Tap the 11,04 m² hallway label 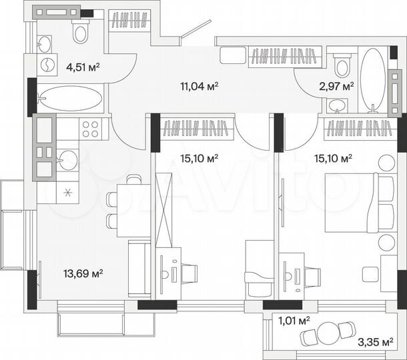(x=200, y=85)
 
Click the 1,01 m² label (x=294, y=321)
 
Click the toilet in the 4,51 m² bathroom (x=81, y=29)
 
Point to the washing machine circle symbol (x=49, y=65)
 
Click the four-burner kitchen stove (x=89, y=127)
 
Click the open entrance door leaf (x=195, y=29)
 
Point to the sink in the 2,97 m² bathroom (x=336, y=105)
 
